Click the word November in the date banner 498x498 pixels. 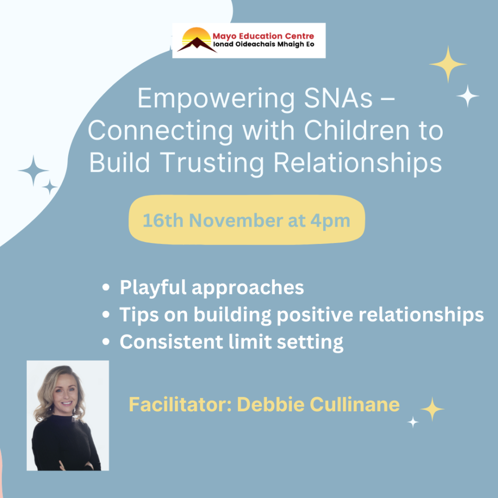pos(232,220)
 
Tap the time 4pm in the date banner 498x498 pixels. pos(330,220)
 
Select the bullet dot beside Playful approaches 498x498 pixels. pos(106,288)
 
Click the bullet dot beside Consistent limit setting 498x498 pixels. pos(106,342)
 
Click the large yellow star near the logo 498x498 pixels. pos(447,64)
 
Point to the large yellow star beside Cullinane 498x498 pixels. pos(432,409)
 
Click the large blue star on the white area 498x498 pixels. pos(33,171)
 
